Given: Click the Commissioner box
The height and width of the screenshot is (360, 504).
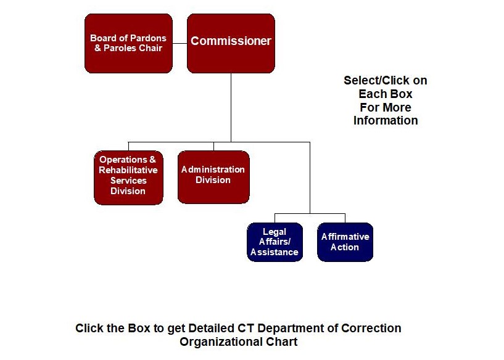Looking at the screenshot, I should click(231, 43).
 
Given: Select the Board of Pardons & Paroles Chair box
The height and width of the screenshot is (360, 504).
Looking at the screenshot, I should click(128, 43).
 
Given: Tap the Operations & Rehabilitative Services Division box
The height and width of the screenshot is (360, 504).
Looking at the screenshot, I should click(128, 177).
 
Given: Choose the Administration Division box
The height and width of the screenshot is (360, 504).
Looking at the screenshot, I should click(213, 177).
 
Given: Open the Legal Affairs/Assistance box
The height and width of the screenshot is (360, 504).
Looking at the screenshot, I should click(275, 242).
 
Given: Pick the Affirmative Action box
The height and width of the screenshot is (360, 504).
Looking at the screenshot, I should click(345, 242).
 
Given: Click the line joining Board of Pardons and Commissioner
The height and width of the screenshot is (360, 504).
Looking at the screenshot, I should click(180, 44).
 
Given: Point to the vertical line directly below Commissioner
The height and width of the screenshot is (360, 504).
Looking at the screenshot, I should click(231, 108).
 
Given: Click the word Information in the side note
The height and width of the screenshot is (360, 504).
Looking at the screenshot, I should click(386, 121).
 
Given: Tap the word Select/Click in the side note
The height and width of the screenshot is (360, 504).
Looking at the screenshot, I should click(386, 81).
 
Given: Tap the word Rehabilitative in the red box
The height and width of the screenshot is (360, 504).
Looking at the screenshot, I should click(128, 170).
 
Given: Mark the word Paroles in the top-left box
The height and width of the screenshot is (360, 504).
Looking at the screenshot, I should click(118, 48).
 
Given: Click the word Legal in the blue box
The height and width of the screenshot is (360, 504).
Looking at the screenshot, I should click(275, 232).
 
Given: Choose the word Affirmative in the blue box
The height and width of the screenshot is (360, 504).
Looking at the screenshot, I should click(345, 237).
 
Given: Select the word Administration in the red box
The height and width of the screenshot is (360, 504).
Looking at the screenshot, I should click(213, 170).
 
